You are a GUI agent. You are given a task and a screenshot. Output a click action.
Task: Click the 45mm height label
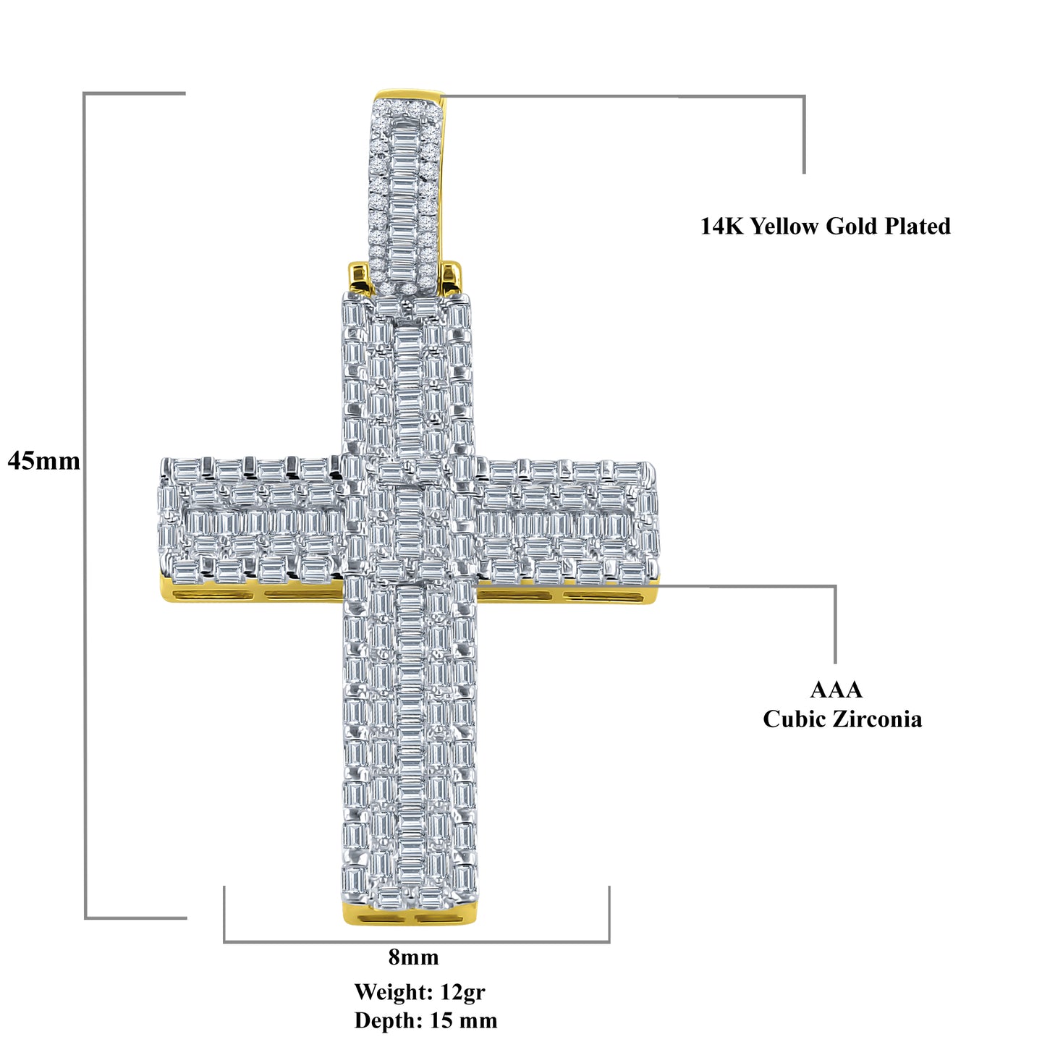[x=44, y=461]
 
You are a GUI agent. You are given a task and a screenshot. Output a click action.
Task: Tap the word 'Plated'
[x=917, y=226]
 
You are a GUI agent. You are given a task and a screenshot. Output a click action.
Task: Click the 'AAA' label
[x=836, y=690]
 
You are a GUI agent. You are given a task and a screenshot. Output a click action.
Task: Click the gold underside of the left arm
[x=251, y=593]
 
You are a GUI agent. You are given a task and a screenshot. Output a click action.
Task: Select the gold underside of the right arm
[x=568, y=595]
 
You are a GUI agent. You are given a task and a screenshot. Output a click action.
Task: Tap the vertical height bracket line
[x=85, y=506]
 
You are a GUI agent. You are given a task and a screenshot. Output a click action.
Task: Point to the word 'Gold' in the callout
[x=852, y=226]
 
